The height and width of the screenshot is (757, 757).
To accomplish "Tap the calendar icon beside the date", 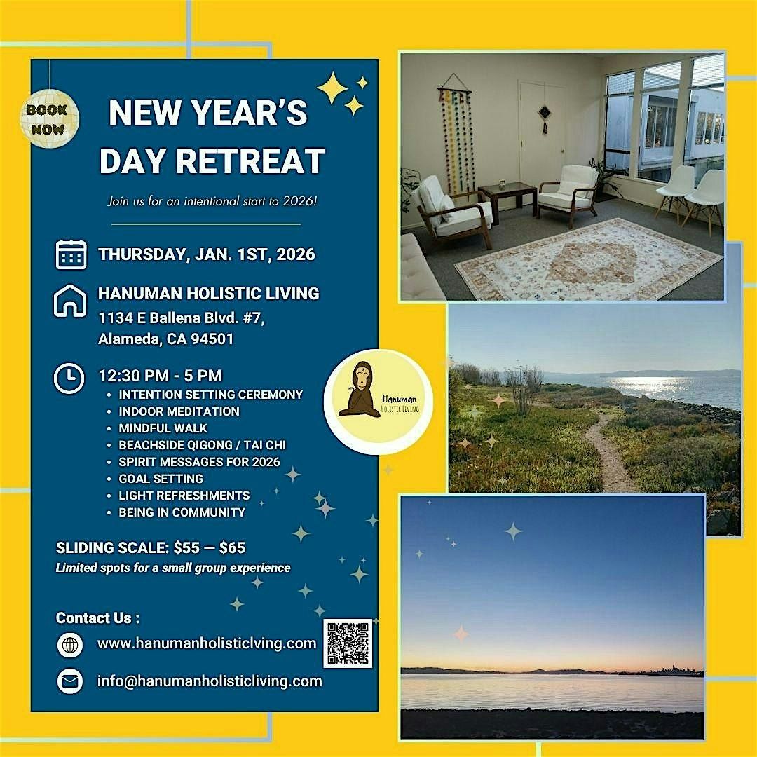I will click(x=71, y=254).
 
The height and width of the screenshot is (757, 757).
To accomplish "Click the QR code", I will click(x=348, y=643).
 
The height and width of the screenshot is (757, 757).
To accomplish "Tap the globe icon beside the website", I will click(x=70, y=645).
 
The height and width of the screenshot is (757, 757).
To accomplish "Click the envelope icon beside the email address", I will click(x=70, y=681).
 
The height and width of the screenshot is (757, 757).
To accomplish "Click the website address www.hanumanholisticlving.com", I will click(x=207, y=643).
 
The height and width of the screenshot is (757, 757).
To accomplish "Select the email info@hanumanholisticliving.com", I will click(x=210, y=681).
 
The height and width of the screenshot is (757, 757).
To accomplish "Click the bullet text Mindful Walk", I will click(x=163, y=428).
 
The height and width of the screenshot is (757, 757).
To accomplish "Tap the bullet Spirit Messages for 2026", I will click(x=199, y=462).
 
